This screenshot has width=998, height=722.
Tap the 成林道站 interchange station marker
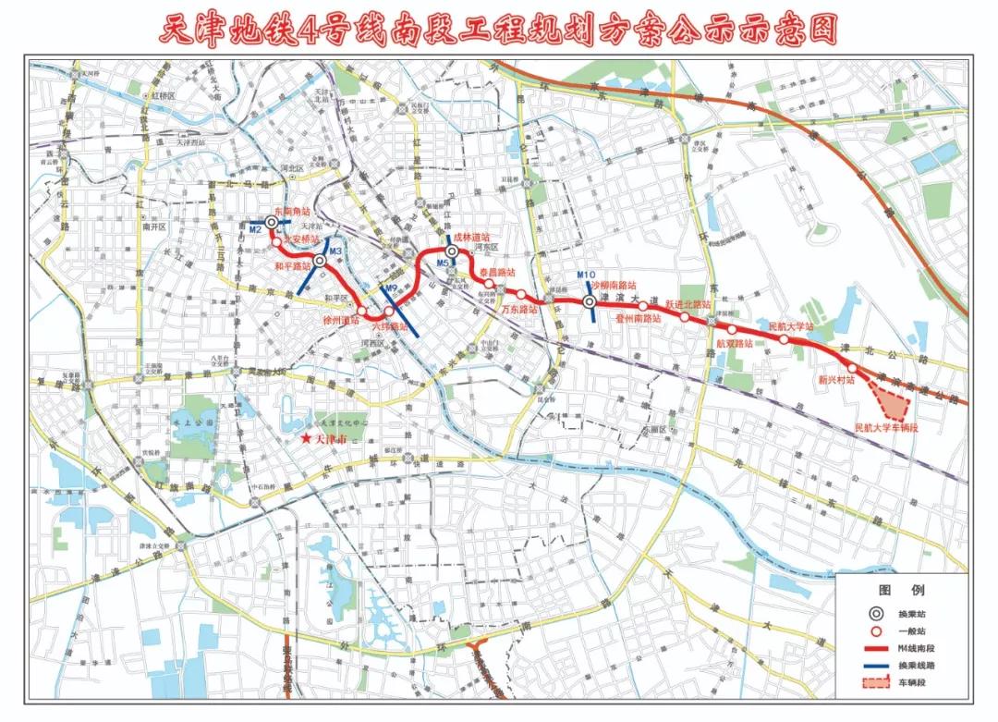pos(452,251)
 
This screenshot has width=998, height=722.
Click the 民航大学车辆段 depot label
pos(887,428)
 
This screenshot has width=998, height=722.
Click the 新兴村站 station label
pos(836,379)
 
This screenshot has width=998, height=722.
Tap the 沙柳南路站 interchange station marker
pos(590,301)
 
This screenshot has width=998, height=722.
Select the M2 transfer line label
pos(256,229)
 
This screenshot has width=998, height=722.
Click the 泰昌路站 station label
pos(496,273)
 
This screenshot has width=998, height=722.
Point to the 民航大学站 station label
pos(791,326)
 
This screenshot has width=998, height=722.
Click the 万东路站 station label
pos(519,311)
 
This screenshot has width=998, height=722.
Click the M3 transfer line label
pos(335,251)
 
